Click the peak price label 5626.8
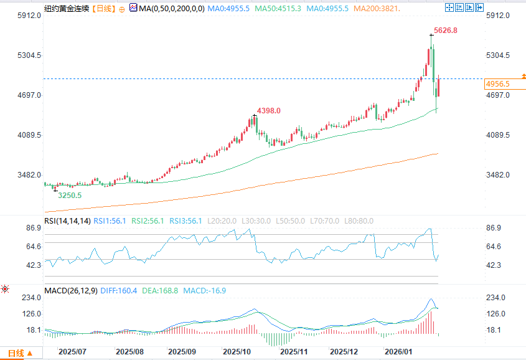pyautogui.click(x=445, y=30)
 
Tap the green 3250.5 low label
pyautogui.click(x=69, y=195)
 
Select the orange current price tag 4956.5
pyautogui.click(x=498, y=83)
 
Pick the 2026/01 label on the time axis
pyautogui.click(x=398, y=352)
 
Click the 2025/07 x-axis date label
pyautogui.click(x=72, y=352)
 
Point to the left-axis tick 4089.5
pyautogui.click(x=29, y=135)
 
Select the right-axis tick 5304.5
pyautogui.click(x=498, y=55)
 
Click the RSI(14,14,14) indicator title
pyautogui.click(x=67, y=221)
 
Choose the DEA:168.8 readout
pyautogui.click(x=164, y=291)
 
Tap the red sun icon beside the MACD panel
pyautogui.click(x=6, y=289)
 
